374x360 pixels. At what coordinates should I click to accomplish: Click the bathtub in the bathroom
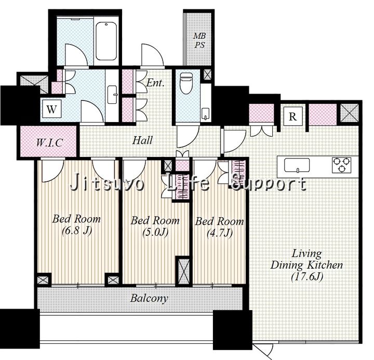click(x=106, y=41)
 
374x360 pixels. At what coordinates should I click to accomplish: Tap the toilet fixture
click(x=186, y=83)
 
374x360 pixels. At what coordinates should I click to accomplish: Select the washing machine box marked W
click(x=52, y=109)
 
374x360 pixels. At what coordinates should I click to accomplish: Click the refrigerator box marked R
click(x=293, y=116)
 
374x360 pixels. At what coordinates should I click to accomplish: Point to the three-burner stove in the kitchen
click(x=342, y=165)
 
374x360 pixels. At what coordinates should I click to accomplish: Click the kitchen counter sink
click(x=297, y=165)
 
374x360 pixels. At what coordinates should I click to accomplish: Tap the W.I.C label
click(x=49, y=143)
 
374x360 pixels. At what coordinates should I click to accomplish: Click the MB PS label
click(x=199, y=41)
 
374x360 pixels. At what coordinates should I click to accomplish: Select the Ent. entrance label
click(x=155, y=83)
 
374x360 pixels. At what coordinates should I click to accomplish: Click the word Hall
click(x=142, y=140)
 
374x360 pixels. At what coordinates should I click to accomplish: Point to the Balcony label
click(x=149, y=299)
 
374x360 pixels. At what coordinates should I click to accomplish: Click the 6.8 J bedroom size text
click(x=77, y=231)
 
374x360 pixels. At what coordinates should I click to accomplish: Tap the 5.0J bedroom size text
click(x=155, y=232)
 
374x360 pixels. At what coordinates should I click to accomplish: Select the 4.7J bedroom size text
click(x=219, y=233)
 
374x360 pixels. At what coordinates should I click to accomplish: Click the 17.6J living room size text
click(x=307, y=276)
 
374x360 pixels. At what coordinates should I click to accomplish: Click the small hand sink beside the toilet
click(x=205, y=114)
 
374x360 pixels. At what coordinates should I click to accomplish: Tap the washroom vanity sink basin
click(x=112, y=95)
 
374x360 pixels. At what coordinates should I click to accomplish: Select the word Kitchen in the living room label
click(x=325, y=265)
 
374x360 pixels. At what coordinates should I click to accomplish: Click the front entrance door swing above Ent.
click(x=152, y=55)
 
